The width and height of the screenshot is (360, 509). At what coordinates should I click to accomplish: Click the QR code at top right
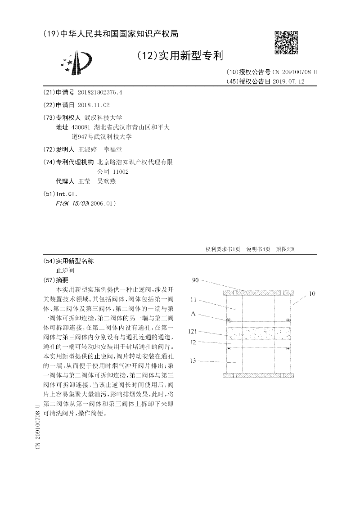pyautogui.click(x=286, y=43)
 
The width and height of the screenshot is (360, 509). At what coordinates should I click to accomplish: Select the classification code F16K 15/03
pyautogui.click(x=72, y=203)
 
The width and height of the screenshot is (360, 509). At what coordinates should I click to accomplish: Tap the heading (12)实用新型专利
pyautogui.click(x=179, y=56)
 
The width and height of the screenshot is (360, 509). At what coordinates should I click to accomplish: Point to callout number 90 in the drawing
pyautogui.click(x=195, y=280)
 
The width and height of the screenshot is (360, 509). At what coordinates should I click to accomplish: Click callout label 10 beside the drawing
pyautogui.click(x=312, y=294)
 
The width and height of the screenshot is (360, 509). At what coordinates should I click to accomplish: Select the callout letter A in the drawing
pyautogui.click(x=193, y=313)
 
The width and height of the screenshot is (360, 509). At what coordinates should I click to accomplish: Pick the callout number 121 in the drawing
pyautogui.click(x=193, y=331)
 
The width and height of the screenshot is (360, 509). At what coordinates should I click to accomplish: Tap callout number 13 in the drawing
pyautogui.click(x=193, y=361)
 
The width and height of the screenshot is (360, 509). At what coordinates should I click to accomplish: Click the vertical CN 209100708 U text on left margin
pyautogui.click(x=38, y=426)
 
